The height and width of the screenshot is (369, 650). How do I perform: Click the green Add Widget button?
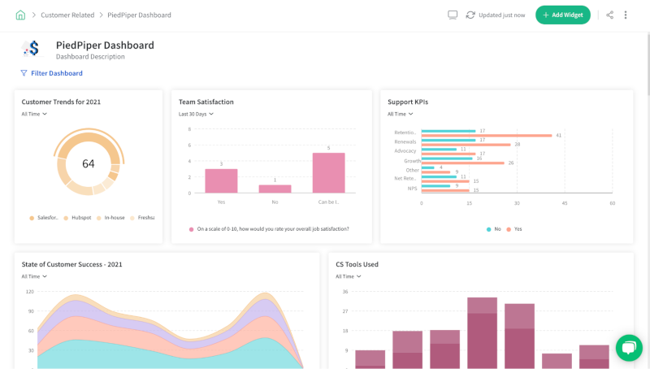[x=562, y=15]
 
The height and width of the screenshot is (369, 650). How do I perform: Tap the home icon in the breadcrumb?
[x=20, y=15]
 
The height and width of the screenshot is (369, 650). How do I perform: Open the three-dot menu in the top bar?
[x=626, y=15]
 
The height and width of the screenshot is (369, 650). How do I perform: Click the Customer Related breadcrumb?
[x=67, y=15]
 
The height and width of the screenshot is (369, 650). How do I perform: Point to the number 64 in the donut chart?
[x=88, y=163]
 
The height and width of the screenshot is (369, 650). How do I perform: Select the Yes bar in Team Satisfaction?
[x=221, y=180]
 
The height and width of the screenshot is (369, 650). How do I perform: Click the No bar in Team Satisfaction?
[x=275, y=189]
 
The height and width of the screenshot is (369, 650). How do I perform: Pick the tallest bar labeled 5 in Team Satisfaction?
[x=328, y=172]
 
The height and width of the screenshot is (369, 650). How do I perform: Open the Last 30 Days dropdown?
[x=196, y=114]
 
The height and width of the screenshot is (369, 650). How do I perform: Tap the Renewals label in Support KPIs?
[x=405, y=141]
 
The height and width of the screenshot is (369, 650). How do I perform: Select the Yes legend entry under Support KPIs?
[x=513, y=229]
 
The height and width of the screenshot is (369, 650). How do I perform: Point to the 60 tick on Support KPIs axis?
[x=613, y=202]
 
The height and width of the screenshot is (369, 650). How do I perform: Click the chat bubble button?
[x=629, y=347]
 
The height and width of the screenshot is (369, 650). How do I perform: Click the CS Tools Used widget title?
[x=357, y=264]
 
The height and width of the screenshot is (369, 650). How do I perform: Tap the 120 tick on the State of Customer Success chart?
[x=30, y=291]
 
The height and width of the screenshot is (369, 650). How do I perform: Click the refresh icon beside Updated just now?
[x=470, y=15]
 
